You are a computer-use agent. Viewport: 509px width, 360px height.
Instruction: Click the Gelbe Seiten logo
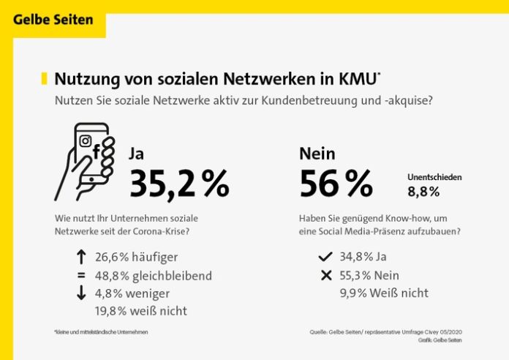tap(53, 19)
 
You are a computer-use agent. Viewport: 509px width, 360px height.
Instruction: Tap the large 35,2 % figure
tap(178, 184)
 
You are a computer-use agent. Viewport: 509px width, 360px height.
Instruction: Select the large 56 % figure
tap(336, 184)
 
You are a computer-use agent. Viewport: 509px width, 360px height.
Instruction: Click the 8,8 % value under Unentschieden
tap(423, 192)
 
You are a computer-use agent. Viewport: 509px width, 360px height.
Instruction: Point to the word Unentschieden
tap(434, 177)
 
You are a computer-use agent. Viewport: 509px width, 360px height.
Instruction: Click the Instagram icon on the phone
tap(85, 140)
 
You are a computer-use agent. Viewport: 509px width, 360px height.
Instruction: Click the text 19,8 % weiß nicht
tap(141, 311)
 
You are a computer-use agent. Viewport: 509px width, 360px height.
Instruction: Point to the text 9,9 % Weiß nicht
tap(384, 293)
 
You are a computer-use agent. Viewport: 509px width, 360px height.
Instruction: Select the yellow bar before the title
tap(45, 78)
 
